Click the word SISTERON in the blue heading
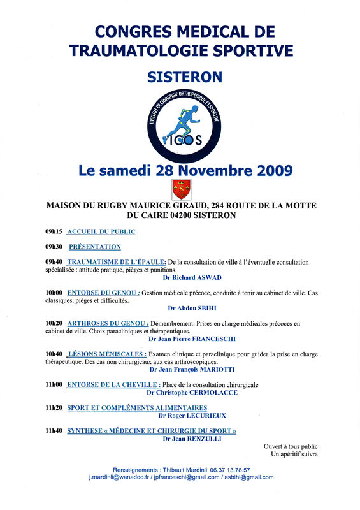tap(185, 77)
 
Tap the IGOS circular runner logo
tap(185, 124)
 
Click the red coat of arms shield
tap(182, 189)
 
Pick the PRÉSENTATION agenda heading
tap(94, 247)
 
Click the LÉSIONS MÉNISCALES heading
tap(106, 354)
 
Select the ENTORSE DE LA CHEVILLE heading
tap(113, 385)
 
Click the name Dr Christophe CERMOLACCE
tap(192, 393)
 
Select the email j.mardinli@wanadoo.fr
tap(124, 477)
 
